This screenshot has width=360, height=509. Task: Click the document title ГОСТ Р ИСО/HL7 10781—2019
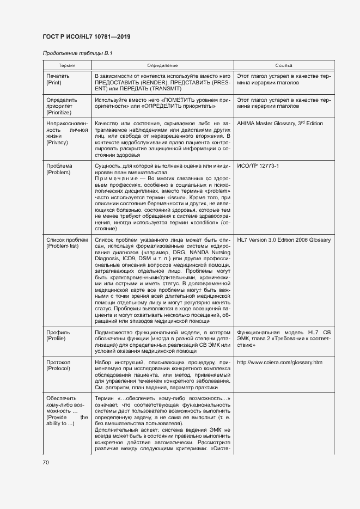coord(86,38)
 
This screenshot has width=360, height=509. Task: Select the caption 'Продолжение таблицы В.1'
coord(77,53)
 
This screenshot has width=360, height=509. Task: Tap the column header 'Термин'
coord(67,65)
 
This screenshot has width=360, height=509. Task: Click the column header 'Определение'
coord(162,65)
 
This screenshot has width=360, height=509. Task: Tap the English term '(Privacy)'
coord(58,144)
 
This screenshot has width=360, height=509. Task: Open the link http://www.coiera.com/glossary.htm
coord(280,362)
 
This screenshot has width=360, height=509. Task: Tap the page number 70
coord(46,463)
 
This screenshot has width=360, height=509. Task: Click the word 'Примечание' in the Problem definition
coord(113,180)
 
